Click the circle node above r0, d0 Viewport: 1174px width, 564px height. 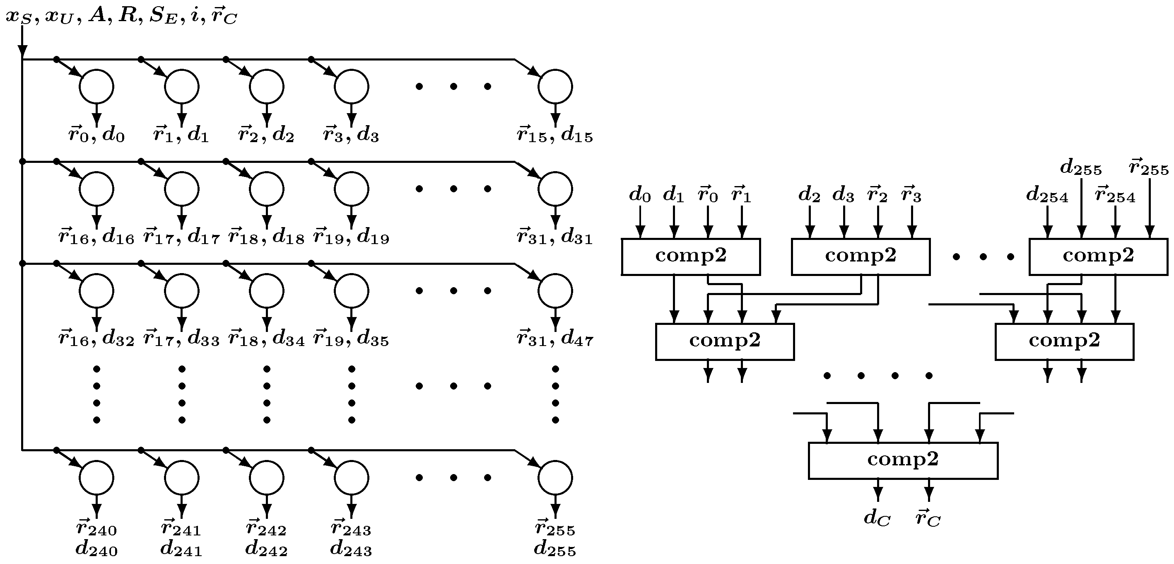click(96, 86)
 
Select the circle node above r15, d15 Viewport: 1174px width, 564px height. click(554, 86)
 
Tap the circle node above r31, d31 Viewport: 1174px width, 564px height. click(554, 188)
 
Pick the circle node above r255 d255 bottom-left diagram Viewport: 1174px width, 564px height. click(554, 477)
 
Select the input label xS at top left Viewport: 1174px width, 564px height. click(18, 17)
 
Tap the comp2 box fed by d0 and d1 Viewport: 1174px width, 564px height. click(690, 256)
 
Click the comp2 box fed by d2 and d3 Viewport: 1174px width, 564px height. click(861, 256)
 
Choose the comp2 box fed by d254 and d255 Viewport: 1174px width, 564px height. click(1098, 256)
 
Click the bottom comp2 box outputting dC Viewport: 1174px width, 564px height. click(903, 460)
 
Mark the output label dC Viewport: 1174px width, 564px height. click(877, 518)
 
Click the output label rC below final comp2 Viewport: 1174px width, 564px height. click(928, 518)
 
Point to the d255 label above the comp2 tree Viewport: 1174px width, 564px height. click(1080, 168)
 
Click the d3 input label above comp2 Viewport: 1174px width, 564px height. click(843, 195)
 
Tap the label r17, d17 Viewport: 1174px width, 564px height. click(181, 237)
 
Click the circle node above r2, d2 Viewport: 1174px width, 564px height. click(266, 86)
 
